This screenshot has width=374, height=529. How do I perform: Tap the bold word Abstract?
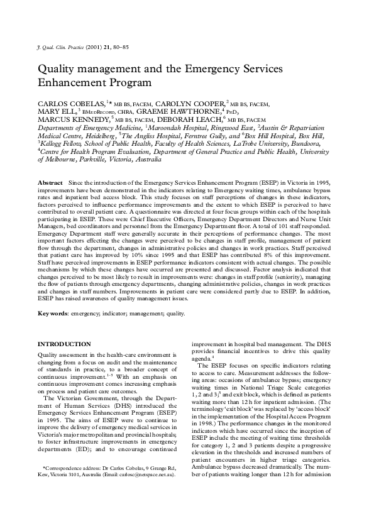coord(51,182)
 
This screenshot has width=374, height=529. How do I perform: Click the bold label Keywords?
coord(54,312)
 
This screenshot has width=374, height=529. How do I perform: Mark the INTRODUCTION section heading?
coord(65,344)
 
